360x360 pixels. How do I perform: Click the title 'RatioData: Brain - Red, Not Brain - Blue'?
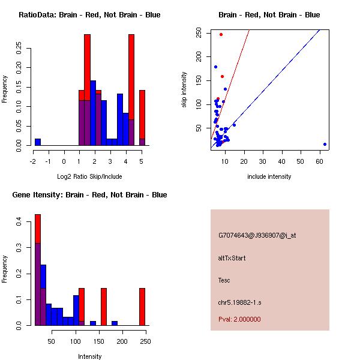[x=89, y=15]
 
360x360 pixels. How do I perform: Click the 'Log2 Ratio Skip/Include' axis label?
[x=89, y=176]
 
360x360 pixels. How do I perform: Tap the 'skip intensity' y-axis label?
[x=184, y=90]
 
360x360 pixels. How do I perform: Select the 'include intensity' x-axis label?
[x=269, y=176]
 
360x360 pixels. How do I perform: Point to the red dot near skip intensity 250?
[x=221, y=34]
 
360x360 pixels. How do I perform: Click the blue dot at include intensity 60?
[x=325, y=144]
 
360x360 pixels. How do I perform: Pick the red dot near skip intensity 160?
[x=222, y=76]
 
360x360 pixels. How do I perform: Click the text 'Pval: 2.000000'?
[x=239, y=319]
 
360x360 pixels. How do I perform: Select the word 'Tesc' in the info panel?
[x=224, y=280]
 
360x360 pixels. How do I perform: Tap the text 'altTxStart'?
[x=232, y=258]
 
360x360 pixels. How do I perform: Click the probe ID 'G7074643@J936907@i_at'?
[x=257, y=235]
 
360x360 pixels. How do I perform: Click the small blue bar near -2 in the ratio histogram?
[x=38, y=142]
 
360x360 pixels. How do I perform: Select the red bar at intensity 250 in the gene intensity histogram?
[x=142, y=306]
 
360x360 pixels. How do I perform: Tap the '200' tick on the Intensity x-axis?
[x=122, y=341]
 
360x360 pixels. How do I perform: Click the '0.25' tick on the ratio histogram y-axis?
[x=19, y=49]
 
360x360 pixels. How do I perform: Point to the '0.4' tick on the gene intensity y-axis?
[x=19, y=222]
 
